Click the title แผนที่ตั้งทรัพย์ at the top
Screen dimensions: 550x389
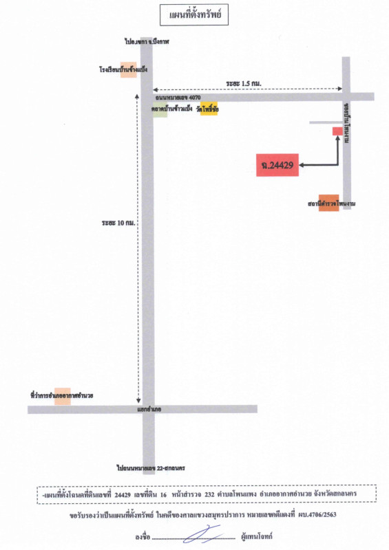coord(195,14)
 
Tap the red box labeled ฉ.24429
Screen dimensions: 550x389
coord(277,165)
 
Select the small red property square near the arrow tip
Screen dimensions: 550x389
coord(337,131)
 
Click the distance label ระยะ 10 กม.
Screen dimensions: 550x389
coord(118,223)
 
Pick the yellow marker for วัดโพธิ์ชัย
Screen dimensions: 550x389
coord(209,109)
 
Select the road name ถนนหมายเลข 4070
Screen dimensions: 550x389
coord(178,98)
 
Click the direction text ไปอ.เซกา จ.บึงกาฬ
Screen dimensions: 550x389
coord(147,42)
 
